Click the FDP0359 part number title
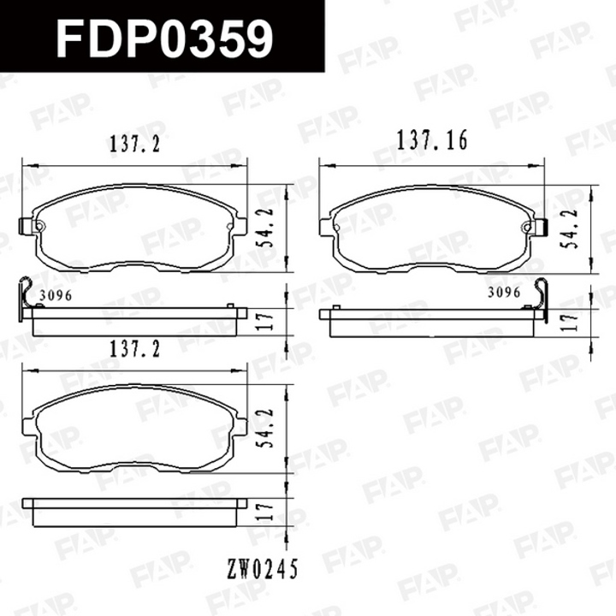click(164, 38)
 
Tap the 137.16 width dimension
click(432, 140)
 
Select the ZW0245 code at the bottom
click(263, 569)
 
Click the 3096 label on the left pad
click(56, 295)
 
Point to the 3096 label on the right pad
click(504, 293)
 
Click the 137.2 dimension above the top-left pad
click(135, 145)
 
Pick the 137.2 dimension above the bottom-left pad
click(135, 349)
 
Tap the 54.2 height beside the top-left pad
click(266, 228)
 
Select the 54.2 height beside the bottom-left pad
click(266, 429)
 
